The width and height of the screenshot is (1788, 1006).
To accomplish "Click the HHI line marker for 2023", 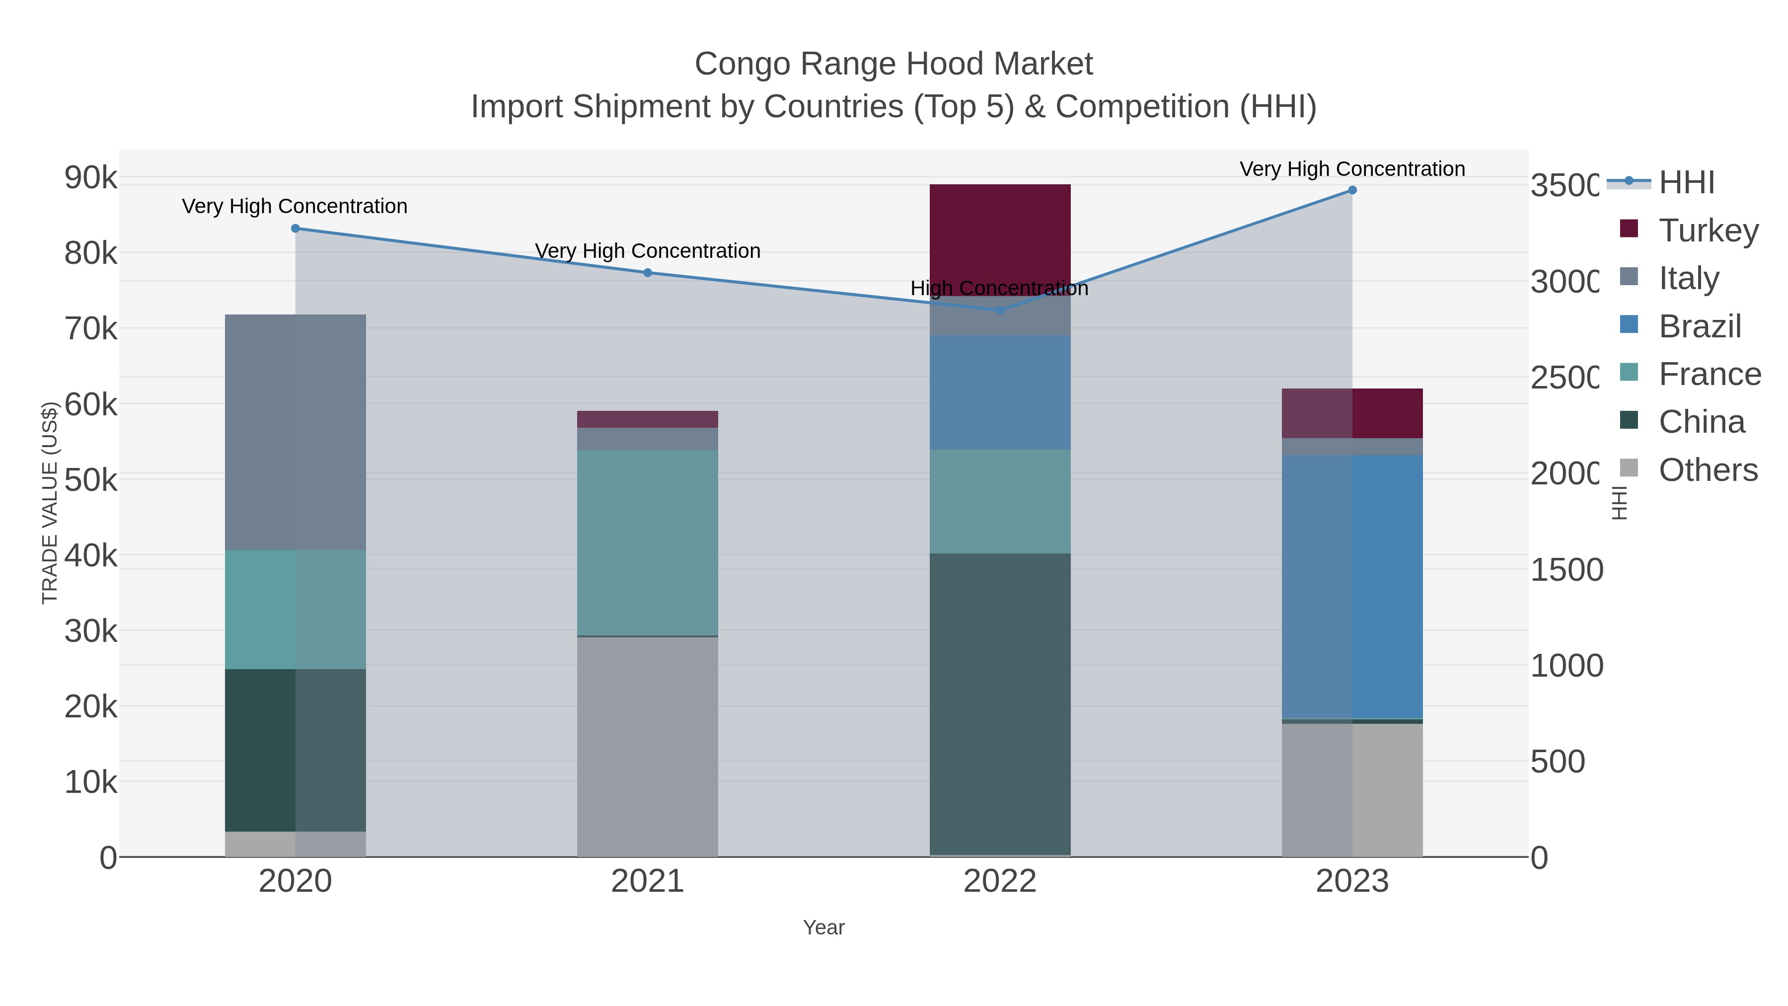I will coord(1352,190).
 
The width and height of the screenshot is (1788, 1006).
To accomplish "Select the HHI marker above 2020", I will coord(295,229).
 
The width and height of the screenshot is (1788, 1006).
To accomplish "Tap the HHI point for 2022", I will coord(999,310).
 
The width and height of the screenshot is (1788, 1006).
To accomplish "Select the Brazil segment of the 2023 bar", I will coord(1352,587).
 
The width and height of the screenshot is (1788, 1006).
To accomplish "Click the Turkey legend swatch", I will coord(1629,229).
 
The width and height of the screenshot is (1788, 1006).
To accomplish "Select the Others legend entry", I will coord(1708,470).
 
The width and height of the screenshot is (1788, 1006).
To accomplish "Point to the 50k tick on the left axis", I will coord(91,480).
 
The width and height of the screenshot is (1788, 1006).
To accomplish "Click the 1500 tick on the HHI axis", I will coord(1566,570).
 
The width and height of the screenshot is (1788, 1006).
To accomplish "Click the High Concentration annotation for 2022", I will coord(999,288).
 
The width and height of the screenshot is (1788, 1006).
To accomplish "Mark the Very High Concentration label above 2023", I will coord(1352,169).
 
